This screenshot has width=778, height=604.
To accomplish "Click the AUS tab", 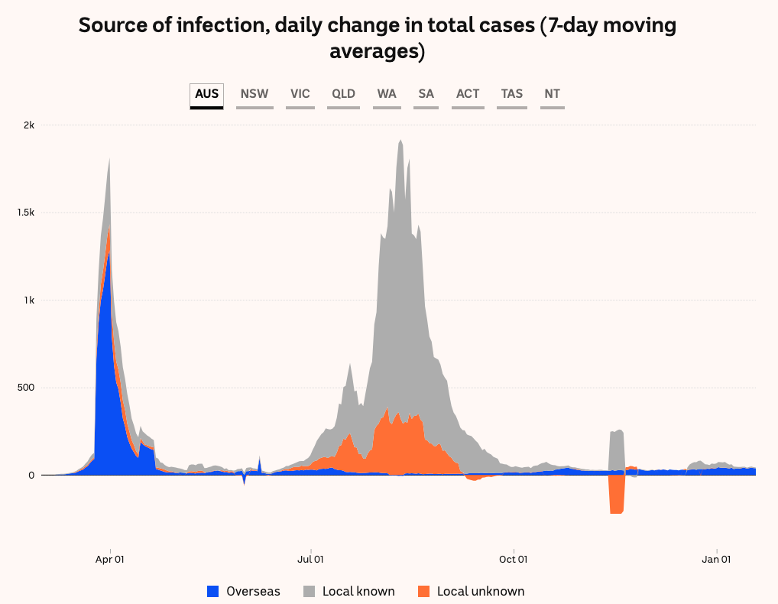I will (x=206, y=94).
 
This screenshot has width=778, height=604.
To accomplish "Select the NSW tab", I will (x=254, y=94).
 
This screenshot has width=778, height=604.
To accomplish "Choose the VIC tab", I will (x=300, y=94).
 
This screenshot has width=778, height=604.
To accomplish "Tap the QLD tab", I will (x=344, y=94).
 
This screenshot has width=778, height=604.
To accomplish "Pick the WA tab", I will (x=387, y=94).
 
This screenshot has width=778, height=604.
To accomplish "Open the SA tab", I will (x=426, y=94).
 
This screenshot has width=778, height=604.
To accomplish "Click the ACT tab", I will (x=468, y=94).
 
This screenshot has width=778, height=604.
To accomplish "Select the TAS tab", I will (x=512, y=94).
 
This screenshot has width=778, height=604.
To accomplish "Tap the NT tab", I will (x=553, y=94).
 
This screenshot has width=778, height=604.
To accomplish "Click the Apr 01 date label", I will (x=110, y=559).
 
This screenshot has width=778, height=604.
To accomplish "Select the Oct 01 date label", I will (x=514, y=559).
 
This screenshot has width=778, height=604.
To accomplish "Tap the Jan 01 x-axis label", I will (x=717, y=559).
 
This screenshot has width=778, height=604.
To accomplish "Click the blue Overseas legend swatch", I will (x=213, y=591).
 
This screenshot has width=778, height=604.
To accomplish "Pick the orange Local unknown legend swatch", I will (x=424, y=591).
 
